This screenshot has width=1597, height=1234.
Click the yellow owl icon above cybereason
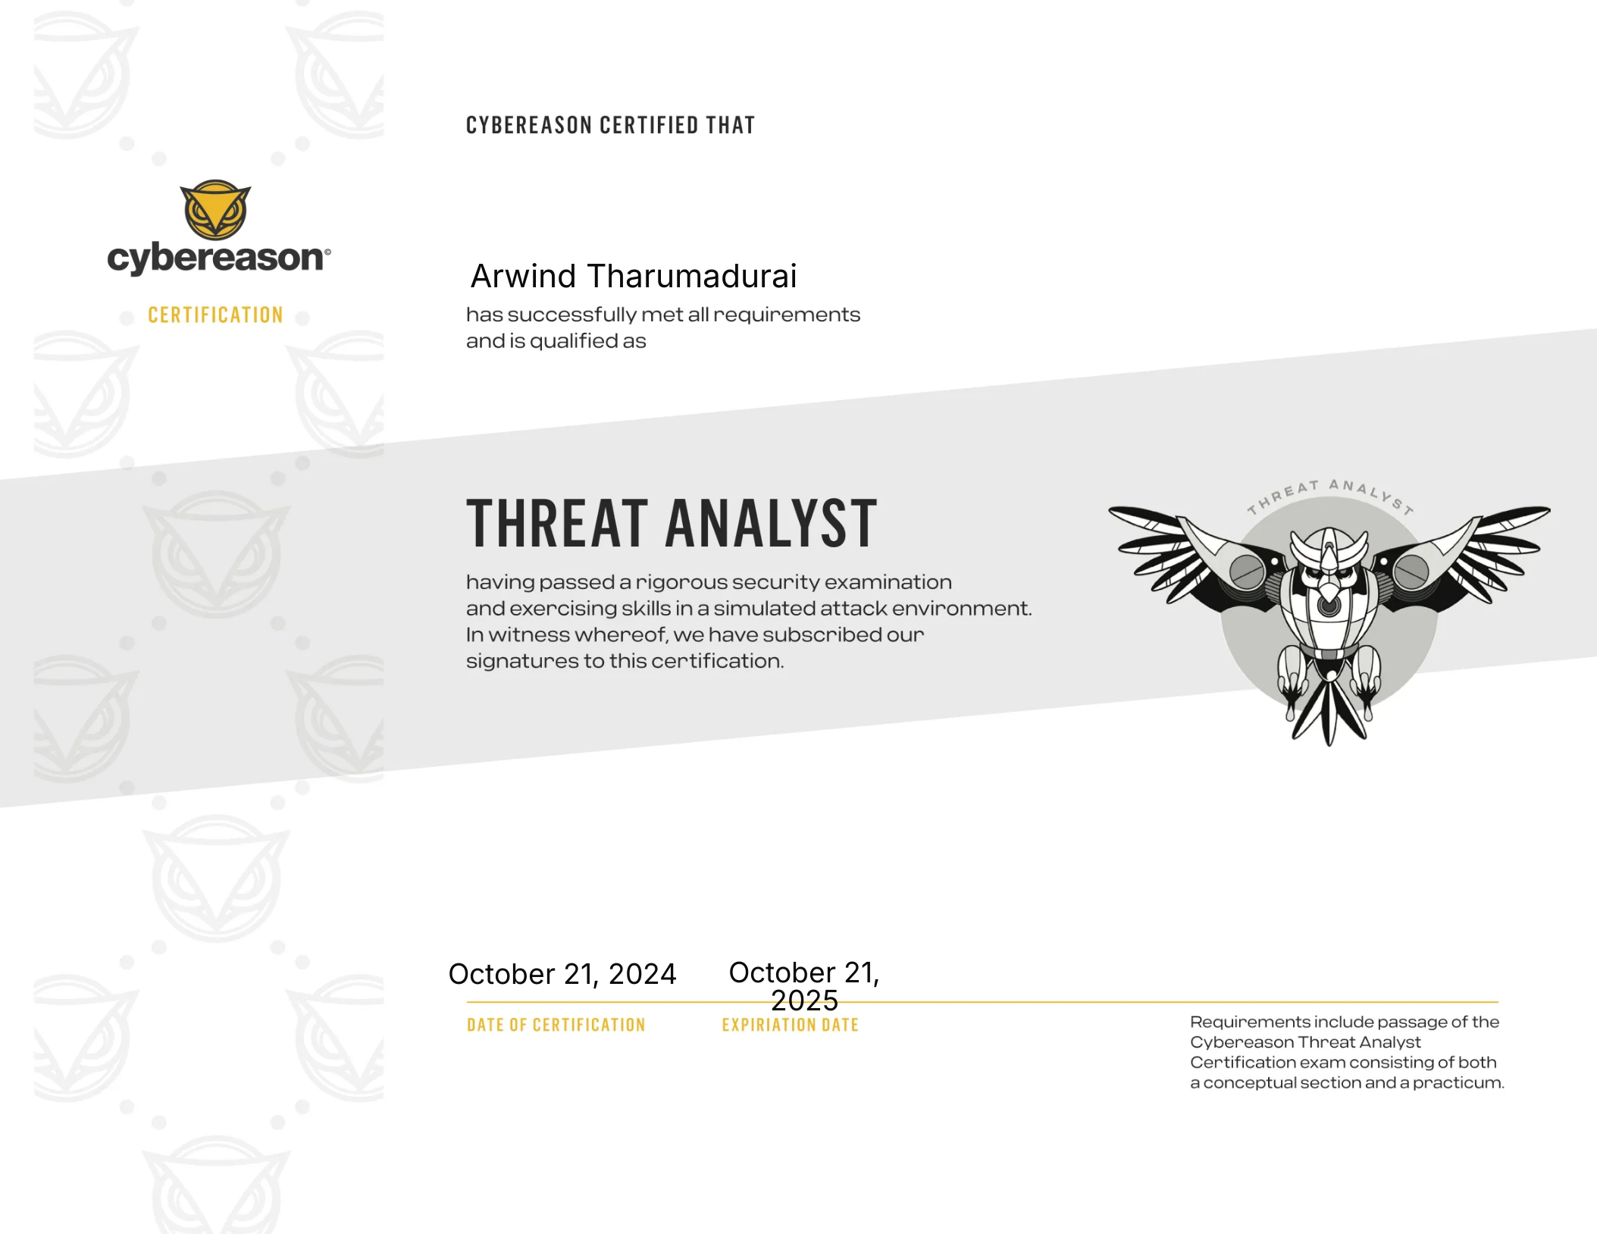point(215,210)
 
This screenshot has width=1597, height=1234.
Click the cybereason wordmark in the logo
point(218,258)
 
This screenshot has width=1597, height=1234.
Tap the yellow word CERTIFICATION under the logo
point(215,315)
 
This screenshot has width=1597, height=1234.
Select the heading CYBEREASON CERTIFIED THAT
point(610,125)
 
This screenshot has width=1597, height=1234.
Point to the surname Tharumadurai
point(692,276)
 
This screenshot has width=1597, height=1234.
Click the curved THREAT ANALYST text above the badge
point(1330,494)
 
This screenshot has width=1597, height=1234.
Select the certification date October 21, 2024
point(562,974)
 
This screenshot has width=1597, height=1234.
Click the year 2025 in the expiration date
point(805,1001)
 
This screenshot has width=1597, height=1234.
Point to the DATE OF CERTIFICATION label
point(556,1025)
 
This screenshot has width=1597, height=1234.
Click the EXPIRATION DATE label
point(790,1025)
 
